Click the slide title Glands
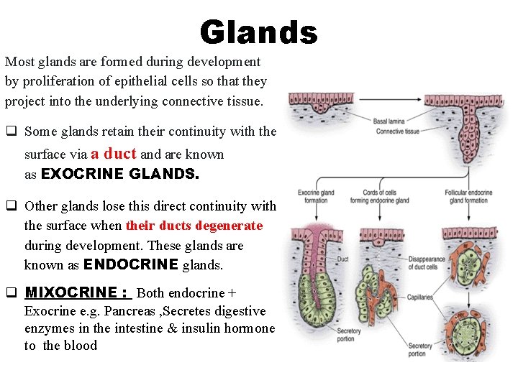pos(258,32)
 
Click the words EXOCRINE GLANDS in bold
pos(120,175)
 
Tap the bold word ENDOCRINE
pos(130,264)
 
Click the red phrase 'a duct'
pos(113,153)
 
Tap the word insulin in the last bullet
pos(196,328)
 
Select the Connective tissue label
pos(398,131)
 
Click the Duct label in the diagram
pos(343,259)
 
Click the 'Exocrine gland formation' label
pos(316,196)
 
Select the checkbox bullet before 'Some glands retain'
pos(11,131)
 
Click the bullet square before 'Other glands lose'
pos(11,206)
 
